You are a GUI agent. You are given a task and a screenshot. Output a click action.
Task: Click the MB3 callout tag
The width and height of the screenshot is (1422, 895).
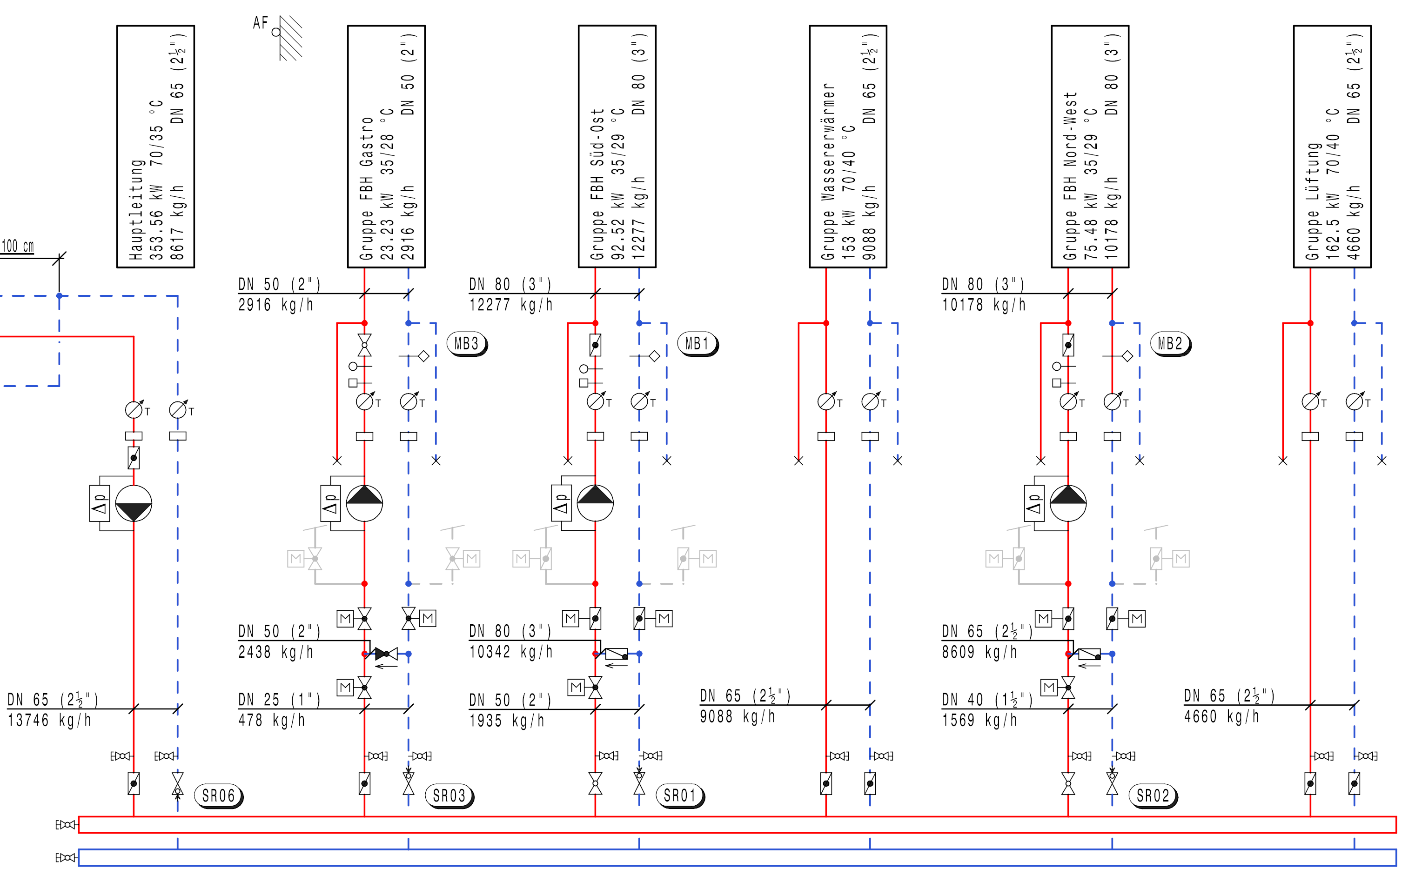point(467,344)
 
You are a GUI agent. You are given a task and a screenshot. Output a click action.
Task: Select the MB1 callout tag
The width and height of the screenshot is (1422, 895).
point(698,344)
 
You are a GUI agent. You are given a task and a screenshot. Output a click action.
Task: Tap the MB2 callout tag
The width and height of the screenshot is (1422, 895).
point(1170,344)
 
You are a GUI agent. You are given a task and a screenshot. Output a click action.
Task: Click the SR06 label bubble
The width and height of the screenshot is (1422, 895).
point(219,795)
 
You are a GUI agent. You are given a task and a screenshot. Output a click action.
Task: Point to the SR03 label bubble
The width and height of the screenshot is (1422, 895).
point(449,795)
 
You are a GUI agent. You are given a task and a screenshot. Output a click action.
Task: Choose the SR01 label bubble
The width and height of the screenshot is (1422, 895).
point(680,795)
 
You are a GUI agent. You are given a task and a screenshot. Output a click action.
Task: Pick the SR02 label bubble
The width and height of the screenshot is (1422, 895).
point(1153,795)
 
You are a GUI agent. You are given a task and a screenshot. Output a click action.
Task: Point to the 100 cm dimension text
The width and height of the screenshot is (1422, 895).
point(18,246)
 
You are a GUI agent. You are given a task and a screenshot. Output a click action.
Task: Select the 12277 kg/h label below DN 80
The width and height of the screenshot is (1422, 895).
point(511,305)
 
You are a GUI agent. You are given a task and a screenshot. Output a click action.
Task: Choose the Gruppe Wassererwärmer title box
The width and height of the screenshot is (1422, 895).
point(847,147)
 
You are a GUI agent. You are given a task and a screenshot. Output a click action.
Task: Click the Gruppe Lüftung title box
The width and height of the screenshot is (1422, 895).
point(1332,147)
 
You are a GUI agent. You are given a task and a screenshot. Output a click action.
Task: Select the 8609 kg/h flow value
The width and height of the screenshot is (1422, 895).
point(979,652)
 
